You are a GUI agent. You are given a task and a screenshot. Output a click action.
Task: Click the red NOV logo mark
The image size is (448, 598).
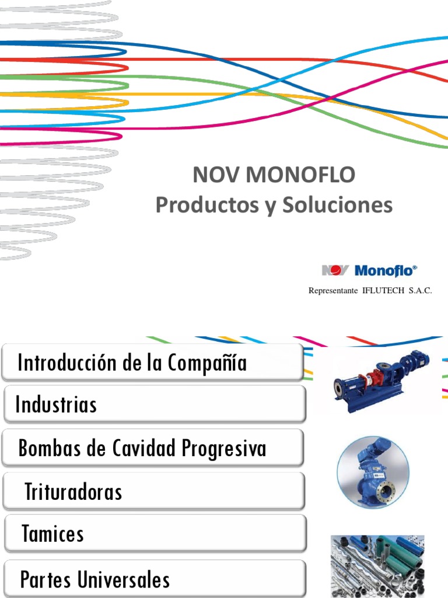pos(335,270)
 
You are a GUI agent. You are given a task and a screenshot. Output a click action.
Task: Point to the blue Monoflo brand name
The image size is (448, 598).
pos(386,270)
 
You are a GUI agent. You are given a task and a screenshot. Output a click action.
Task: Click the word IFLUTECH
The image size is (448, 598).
pos(383,291)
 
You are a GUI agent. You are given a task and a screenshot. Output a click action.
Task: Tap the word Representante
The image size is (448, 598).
pos(332,291)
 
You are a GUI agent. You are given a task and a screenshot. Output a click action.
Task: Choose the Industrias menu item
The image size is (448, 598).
pos(57,405)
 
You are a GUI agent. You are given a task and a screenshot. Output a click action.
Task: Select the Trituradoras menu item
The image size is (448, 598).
pos(73,492)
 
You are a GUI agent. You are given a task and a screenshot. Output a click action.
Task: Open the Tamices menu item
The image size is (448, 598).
pos(52,534)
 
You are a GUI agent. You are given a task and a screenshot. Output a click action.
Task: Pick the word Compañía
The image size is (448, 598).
pos(207,363)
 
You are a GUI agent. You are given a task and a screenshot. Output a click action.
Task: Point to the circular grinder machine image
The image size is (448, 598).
pos(373,472)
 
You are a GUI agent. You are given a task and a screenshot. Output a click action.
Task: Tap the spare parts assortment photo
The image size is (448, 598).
pos(377,565)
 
